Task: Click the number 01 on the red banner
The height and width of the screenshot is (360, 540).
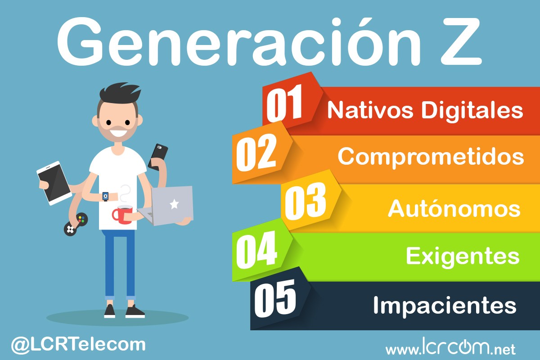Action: (x=284, y=105)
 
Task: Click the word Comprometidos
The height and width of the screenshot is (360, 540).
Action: (x=431, y=156)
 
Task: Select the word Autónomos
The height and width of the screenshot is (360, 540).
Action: (x=454, y=208)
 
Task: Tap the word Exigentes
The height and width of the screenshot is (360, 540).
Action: (x=463, y=256)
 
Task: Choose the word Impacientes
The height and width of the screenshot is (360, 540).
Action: (x=444, y=306)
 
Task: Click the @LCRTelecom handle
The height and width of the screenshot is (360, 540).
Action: (x=78, y=345)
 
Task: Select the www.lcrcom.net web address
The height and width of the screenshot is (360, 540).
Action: (x=450, y=348)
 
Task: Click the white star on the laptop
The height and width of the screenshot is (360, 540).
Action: (x=174, y=204)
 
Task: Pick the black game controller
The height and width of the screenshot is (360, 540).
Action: (x=75, y=224)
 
